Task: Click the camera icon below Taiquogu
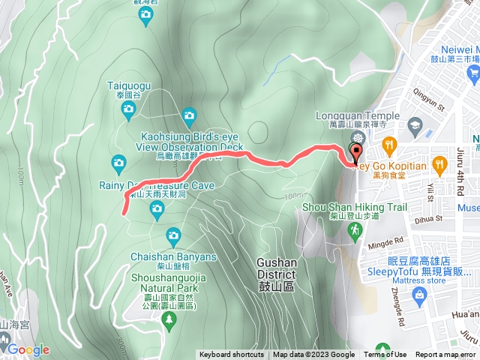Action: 128,112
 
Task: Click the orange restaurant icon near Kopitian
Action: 388,143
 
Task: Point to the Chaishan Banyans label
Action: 173,256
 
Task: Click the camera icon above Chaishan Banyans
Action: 173,237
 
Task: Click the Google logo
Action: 28,349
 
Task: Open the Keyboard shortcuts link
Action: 232,355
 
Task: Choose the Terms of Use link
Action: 385,355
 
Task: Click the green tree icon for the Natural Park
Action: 169,319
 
